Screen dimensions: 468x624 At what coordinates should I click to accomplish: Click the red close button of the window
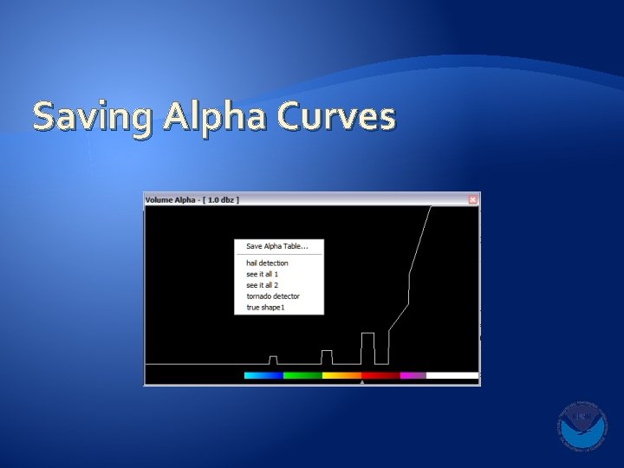472,199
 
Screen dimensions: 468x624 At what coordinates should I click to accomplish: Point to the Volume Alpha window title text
192,199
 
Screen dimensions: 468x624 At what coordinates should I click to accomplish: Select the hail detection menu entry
267,263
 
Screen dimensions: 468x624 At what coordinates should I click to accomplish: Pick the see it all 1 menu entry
262,274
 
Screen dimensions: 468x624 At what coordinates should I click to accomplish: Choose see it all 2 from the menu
262,285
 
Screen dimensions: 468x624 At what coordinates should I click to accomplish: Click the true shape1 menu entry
265,308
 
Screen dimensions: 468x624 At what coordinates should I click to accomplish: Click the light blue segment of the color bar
263,375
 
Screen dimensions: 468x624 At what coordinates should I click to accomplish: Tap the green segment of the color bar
302,375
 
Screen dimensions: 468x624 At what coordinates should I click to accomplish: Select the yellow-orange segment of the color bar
341,375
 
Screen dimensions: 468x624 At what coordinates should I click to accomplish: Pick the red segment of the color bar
380,375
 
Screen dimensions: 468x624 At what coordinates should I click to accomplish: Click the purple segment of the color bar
413,375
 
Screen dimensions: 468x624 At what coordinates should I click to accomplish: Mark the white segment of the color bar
452,375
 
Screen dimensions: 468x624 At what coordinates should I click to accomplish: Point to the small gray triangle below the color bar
362,382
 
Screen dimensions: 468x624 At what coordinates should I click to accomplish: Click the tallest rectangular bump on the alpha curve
367,348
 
